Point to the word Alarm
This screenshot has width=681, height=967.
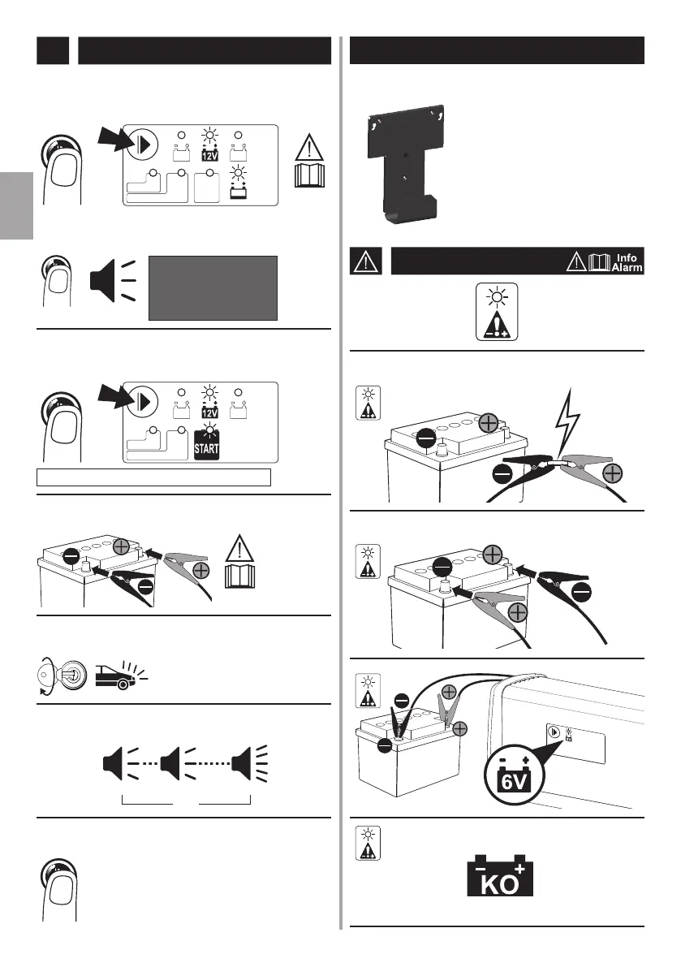pos(627,268)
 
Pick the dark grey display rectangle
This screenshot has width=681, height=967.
pos(213,288)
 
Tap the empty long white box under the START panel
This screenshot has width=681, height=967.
pos(154,476)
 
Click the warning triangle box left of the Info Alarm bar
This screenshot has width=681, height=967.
pos(364,261)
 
